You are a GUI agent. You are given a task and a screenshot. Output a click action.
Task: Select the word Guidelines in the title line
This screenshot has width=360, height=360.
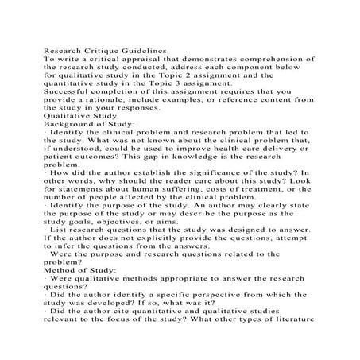156,48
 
